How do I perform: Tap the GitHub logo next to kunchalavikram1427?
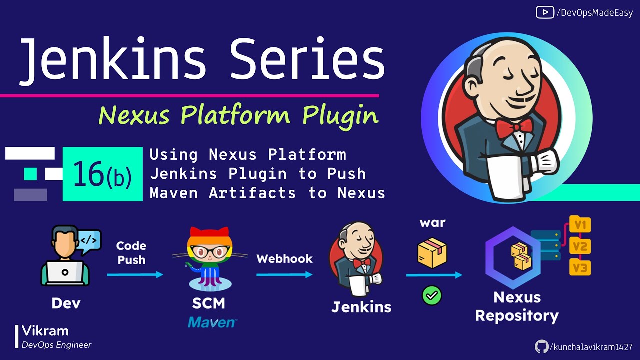541,347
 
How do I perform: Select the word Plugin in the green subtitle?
340,116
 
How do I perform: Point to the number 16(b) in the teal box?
102,174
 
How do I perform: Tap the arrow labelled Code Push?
135,274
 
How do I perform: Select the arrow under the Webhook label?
284,274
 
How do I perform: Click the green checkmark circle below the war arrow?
432,296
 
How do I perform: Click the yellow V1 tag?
580,225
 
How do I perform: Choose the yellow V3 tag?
580,268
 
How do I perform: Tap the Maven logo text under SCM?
212,322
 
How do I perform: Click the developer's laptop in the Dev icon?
65,273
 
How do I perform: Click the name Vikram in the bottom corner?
45,331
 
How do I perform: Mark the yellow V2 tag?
580,246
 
